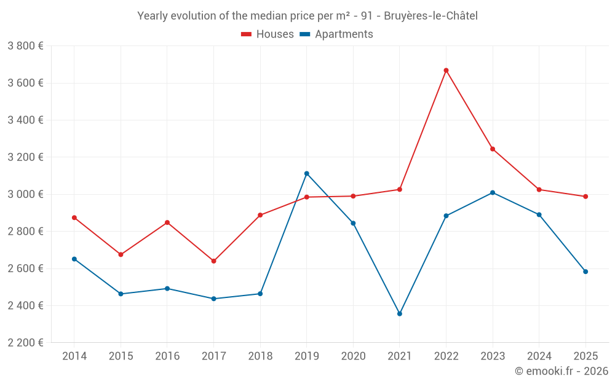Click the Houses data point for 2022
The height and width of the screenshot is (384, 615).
coord(446,71)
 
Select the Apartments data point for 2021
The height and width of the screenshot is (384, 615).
coord(400,314)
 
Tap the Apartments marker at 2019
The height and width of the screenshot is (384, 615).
coord(306,173)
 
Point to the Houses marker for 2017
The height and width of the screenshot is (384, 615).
coord(213,261)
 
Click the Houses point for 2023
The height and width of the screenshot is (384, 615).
coord(493,149)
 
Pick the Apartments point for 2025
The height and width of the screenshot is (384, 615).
coord(585,272)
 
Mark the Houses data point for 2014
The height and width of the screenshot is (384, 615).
coord(74,217)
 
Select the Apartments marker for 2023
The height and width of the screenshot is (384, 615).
coord(493,193)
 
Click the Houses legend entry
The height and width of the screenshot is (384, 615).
coord(268,34)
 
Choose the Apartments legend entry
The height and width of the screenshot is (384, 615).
coord(336,34)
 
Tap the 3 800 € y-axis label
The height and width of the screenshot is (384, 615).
coord(25,46)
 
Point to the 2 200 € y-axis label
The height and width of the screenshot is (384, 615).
coord(25,343)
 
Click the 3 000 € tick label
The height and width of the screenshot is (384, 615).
coord(25,194)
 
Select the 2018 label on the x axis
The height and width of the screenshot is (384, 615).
coord(260,356)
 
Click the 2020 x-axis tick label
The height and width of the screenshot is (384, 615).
coord(353,356)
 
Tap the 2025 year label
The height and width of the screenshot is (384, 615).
coord(585,356)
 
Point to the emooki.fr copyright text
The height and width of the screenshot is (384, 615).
coord(561,371)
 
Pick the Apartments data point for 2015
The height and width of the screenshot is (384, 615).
coord(121,294)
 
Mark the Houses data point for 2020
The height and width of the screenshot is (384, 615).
coord(353,196)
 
